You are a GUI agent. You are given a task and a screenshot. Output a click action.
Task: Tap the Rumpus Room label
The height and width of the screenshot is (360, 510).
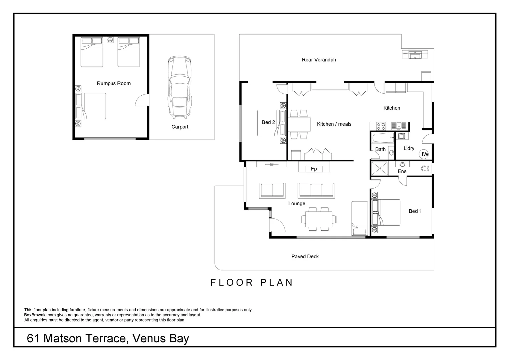(114, 83)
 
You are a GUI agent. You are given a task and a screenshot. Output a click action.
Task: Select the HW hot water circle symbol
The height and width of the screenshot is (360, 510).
(424, 154)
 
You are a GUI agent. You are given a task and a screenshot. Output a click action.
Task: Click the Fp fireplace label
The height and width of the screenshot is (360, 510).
(314, 169)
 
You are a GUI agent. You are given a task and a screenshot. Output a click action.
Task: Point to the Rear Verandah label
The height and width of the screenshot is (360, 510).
(319, 60)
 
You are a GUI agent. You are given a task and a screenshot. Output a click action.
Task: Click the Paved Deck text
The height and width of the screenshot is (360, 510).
(305, 256)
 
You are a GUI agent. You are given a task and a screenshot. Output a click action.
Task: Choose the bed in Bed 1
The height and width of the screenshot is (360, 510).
(386, 212)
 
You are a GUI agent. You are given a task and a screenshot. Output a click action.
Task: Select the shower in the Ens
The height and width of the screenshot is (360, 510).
(380, 168)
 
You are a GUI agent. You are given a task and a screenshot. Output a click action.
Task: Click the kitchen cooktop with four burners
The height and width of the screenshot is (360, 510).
(381, 126)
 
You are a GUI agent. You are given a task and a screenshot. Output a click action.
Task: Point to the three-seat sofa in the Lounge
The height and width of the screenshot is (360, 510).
(316, 190)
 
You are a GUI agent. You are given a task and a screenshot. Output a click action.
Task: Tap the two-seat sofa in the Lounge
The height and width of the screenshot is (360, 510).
(272, 190)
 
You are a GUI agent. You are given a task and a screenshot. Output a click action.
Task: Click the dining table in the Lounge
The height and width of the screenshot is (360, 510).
(317, 219)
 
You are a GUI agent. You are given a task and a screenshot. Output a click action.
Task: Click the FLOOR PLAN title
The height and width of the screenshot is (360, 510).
(252, 282)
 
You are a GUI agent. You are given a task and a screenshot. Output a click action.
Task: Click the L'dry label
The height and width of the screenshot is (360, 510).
(409, 148)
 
